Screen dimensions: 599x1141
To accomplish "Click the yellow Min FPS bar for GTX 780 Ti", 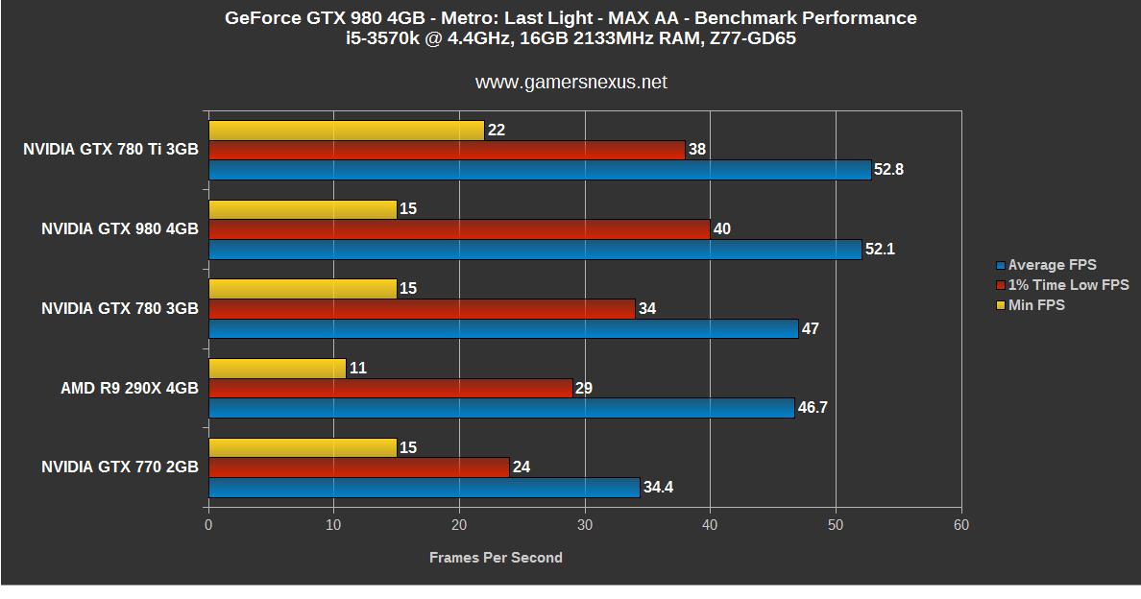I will pyautogui.click(x=347, y=130).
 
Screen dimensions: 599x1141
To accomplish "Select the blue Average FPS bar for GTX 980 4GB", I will pyautogui.click(x=535, y=250).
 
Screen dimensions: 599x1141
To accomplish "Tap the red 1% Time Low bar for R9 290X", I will pyautogui.click(x=390, y=388).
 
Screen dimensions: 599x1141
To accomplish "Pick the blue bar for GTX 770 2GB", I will pyautogui.click(x=424, y=488).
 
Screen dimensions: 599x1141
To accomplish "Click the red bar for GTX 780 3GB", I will pyautogui.click(x=422, y=309).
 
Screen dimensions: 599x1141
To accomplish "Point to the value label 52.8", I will pyautogui.click(x=889, y=170).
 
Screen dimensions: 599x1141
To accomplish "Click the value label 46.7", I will pyautogui.click(x=813, y=408).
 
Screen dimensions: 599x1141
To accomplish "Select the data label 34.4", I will pyautogui.click(x=658, y=488).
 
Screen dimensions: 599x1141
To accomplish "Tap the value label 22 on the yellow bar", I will pyautogui.click(x=497, y=130).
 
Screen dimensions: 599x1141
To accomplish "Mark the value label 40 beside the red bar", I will pyautogui.click(x=722, y=229).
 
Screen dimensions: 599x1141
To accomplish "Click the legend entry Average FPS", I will pyautogui.click(x=1052, y=265).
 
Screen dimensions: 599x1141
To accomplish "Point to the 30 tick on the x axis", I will pyautogui.click(x=585, y=525).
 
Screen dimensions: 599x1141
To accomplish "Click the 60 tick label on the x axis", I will pyautogui.click(x=960, y=525).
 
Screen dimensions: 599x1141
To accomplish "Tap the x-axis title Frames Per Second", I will pyautogui.click(x=496, y=558).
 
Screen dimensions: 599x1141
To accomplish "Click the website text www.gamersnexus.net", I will pyautogui.click(x=570, y=83).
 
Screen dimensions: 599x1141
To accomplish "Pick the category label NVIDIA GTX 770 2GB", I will pyautogui.click(x=120, y=467).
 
